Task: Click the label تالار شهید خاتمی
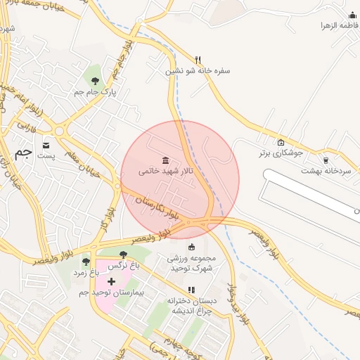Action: point(166,171)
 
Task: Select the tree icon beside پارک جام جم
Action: point(95,81)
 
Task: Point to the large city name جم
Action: point(24,153)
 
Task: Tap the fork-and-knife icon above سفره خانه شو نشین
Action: point(198,60)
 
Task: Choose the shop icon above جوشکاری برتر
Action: point(281,141)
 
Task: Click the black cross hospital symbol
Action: point(111,281)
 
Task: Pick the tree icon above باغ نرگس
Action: point(124,255)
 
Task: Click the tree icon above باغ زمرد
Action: point(86,262)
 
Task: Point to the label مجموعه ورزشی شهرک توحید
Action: point(191,263)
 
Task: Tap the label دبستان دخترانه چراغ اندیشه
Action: point(191,305)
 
